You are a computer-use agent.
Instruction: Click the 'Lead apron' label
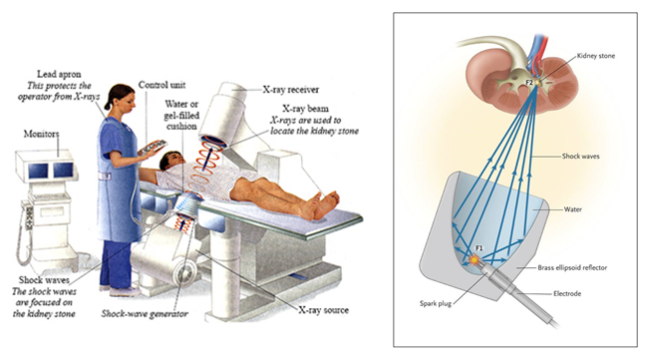(59, 74)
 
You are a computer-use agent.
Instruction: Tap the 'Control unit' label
(161, 85)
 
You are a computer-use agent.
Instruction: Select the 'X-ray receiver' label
(291, 90)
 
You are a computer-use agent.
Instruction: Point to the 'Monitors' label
(41, 134)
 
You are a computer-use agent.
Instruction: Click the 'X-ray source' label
(323, 310)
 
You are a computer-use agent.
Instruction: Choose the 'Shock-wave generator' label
(145, 314)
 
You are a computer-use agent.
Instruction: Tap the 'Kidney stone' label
(596, 56)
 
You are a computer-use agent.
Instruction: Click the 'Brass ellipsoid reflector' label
(572, 267)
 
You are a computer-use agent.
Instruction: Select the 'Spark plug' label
(436, 303)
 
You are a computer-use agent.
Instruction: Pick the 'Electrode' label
(567, 293)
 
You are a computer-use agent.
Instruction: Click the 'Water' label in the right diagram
(572, 209)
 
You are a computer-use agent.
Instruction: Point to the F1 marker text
(480, 248)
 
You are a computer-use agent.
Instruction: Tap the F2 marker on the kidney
(529, 83)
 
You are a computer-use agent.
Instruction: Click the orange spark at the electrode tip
(475, 260)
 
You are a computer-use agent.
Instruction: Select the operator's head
(121, 97)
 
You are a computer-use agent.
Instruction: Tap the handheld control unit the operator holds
(153, 147)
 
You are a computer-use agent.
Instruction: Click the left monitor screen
(38, 171)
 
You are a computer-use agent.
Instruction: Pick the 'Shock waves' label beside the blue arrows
(580, 157)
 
